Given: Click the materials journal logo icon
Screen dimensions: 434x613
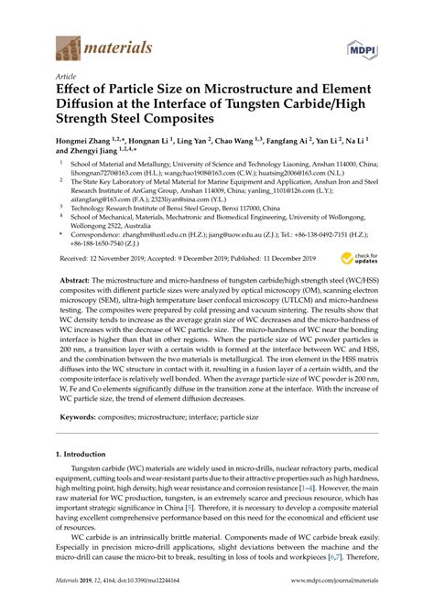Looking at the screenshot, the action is (x=68, y=44).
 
